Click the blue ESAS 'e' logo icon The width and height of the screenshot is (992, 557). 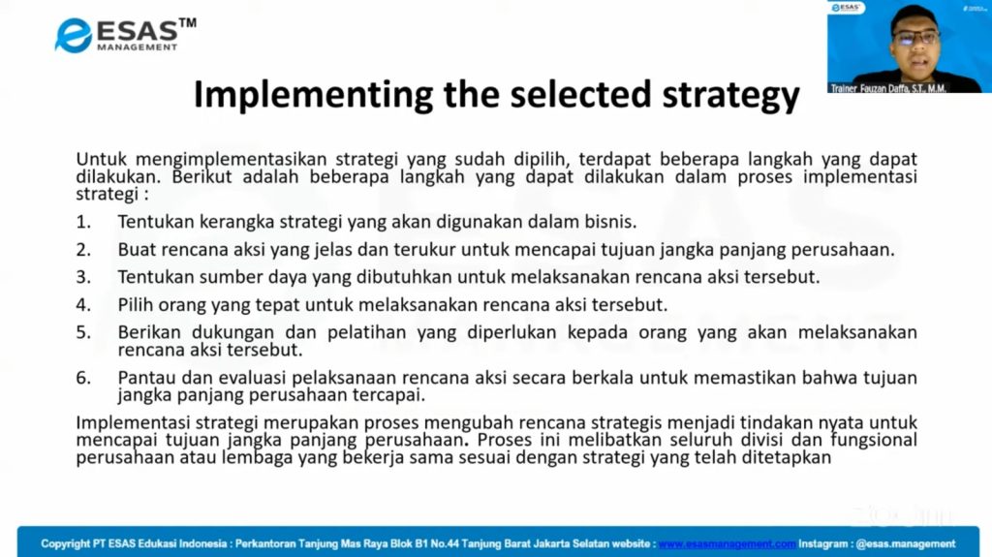tap(74, 35)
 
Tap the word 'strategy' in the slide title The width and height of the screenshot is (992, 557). tap(730, 96)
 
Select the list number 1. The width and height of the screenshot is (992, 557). tap(83, 222)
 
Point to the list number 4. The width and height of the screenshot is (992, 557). tap(83, 304)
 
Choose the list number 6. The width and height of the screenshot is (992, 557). tap(83, 378)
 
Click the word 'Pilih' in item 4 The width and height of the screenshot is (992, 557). tap(136, 304)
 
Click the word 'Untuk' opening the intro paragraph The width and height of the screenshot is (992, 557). tap(101, 159)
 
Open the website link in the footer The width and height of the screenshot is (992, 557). tap(727, 543)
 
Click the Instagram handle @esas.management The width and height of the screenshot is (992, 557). tap(906, 543)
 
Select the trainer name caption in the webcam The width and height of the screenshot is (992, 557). tap(888, 88)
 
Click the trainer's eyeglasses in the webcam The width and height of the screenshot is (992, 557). tap(915, 38)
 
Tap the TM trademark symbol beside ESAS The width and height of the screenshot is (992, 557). tap(187, 23)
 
